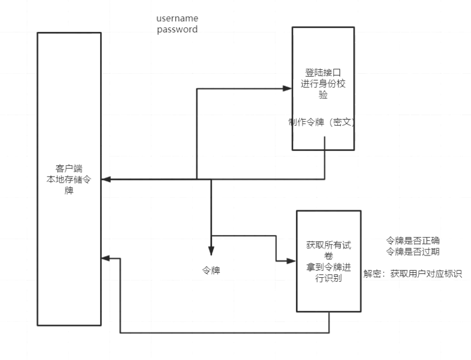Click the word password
(x=176, y=29)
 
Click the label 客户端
(x=69, y=168)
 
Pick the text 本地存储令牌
(x=69, y=184)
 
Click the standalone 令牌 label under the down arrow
(x=211, y=271)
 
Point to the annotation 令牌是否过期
(x=413, y=252)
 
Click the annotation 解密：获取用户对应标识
(x=413, y=274)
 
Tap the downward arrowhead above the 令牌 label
(x=211, y=251)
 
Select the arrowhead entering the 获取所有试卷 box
(x=292, y=260)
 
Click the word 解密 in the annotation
(x=372, y=274)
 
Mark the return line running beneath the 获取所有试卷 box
(x=224, y=333)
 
